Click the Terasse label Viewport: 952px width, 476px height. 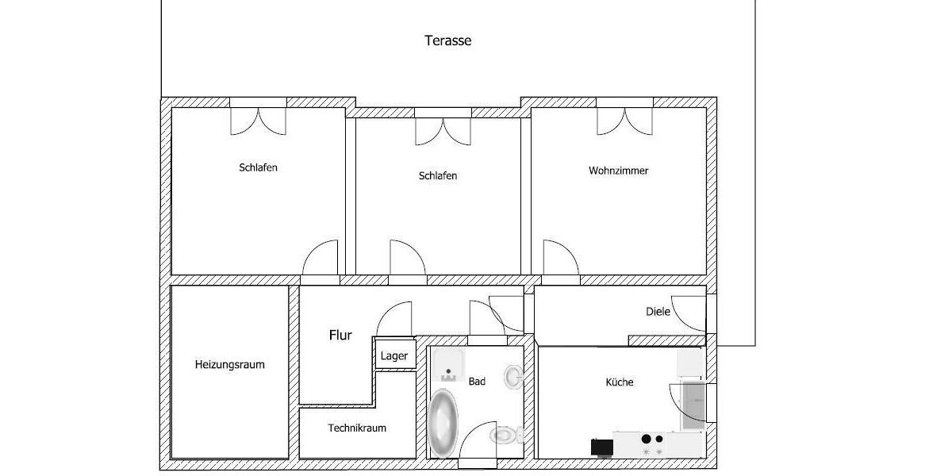tap(447, 40)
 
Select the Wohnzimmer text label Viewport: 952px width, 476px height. tap(618, 171)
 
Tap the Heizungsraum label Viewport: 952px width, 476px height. tap(229, 365)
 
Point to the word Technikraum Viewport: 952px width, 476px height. tap(357, 428)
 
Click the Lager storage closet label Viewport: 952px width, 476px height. tap(393, 355)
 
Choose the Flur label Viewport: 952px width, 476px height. tap(340, 336)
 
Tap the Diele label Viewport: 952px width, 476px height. tap(657, 312)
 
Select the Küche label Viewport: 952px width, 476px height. tap(619, 382)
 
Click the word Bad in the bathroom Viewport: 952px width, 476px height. tap(477, 382)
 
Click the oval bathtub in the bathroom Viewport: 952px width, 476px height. tap(443, 422)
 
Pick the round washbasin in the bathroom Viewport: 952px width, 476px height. tap(513, 375)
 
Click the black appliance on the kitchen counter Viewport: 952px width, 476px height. tap(601, 447)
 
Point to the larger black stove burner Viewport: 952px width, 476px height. tap(646, 439)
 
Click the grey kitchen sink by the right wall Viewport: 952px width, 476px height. tap(692, 405)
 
